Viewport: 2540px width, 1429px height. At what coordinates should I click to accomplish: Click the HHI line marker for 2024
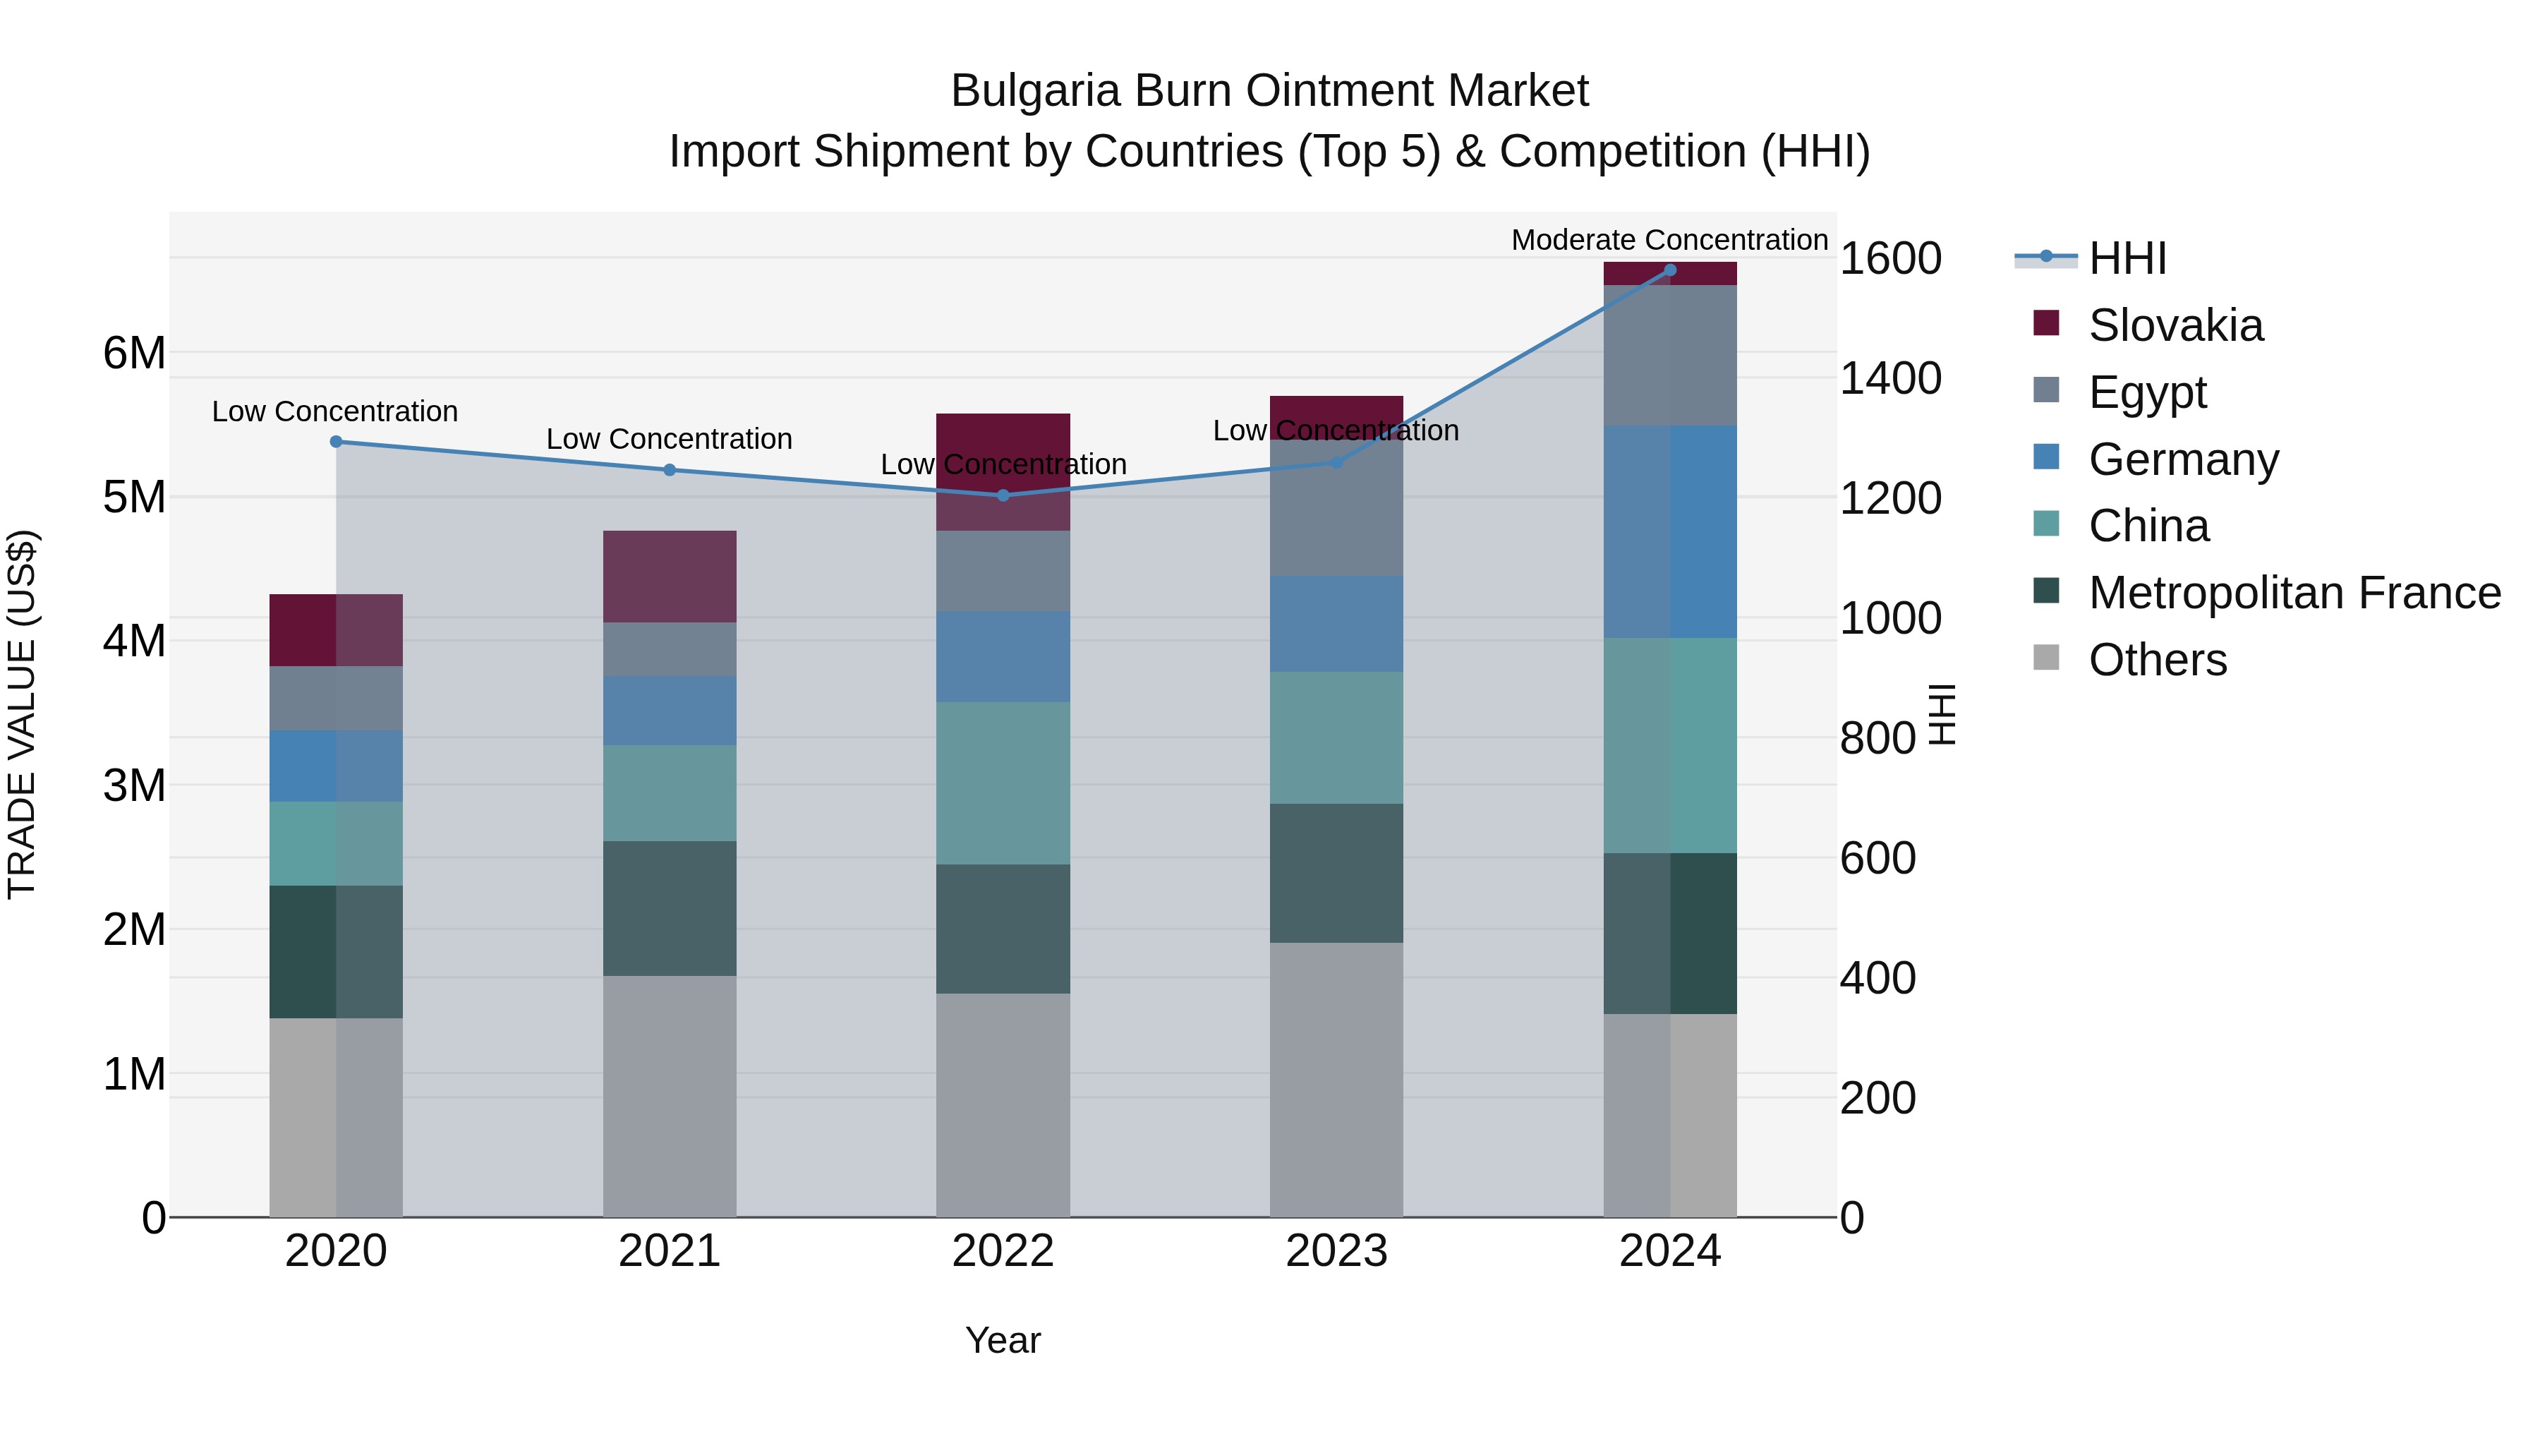(1669, 270)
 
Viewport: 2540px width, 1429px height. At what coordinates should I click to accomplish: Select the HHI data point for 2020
(337, 442)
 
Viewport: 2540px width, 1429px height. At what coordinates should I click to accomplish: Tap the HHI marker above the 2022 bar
(1003, 495)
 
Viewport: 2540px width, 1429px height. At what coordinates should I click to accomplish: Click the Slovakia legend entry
(2175, 325)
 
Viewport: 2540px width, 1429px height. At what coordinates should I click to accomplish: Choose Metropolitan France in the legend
(2294, 593)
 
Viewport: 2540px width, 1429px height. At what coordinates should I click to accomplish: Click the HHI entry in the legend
(2126, 258)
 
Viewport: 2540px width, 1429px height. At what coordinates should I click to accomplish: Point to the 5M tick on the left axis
(134, 497)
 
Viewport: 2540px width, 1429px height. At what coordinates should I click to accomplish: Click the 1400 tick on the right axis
(1890, 379)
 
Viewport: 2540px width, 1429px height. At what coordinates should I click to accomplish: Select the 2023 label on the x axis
(1336, 1251)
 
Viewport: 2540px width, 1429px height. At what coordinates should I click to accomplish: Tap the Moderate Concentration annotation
(1669, 240)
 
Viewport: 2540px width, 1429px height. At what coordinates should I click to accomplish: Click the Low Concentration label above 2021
(669, 439)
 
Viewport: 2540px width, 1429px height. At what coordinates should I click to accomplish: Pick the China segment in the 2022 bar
(1003, 783)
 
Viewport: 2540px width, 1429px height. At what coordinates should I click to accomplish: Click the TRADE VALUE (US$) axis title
(22, 714)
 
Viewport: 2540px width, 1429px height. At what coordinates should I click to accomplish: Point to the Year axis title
(1003, 1340)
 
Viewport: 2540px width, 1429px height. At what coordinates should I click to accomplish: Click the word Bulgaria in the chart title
(1035, 91)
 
